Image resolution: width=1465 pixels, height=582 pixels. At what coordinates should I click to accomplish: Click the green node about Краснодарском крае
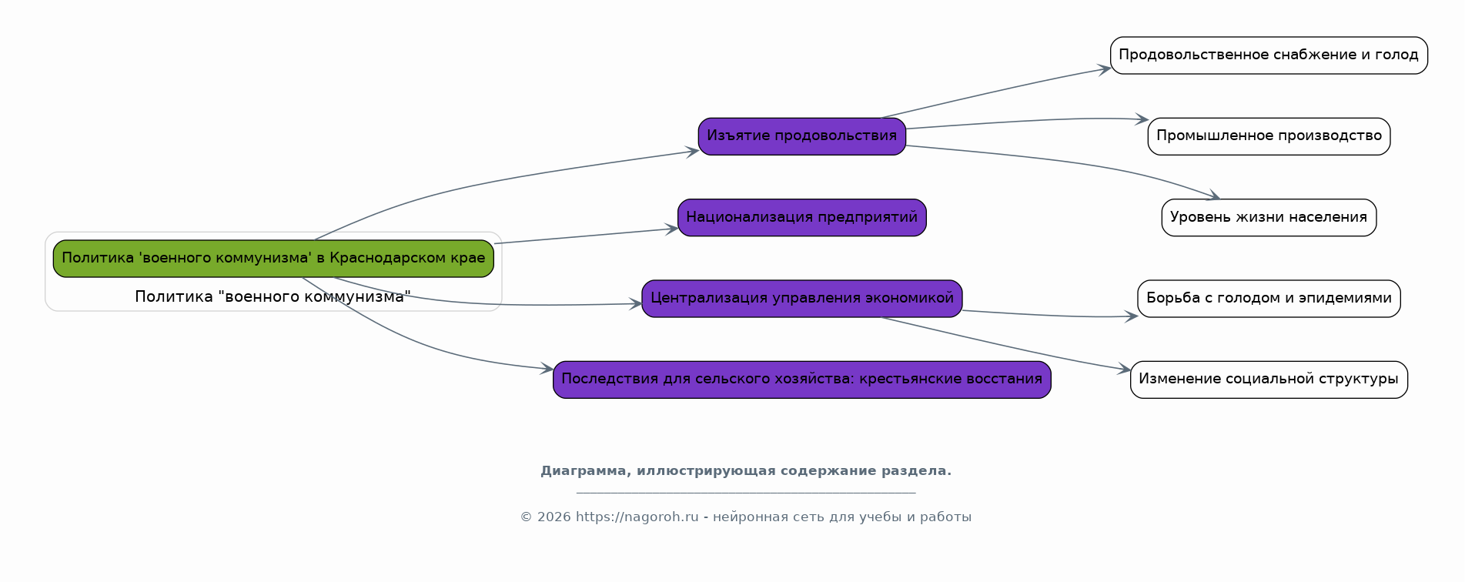pos(273,258)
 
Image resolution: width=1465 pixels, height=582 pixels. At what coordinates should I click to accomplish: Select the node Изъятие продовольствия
pos(801,136)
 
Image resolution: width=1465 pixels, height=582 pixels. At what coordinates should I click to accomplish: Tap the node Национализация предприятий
pos(801,217)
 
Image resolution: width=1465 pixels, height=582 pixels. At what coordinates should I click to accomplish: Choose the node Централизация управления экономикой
pos(801,298)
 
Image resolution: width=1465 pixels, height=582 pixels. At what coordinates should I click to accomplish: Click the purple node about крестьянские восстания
pos(801,379)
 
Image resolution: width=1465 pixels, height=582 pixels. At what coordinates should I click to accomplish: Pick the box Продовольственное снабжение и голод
pos(1268,55)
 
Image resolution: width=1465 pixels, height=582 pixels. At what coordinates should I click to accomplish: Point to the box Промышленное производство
pos(1268,136)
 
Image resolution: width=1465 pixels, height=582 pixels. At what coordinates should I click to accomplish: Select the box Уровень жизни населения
pos(1268,217)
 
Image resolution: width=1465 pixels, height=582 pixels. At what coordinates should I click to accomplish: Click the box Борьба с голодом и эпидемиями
pos(1268,298)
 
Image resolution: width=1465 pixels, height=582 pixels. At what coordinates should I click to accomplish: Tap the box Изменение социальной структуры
pos(1268,379)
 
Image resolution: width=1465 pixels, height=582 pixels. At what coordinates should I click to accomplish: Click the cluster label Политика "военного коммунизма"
pos(273,296)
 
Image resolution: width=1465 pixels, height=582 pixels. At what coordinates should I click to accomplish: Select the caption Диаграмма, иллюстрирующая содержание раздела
pos(745,471)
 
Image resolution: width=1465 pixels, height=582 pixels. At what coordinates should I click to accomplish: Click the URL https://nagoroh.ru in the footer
pos(637,517)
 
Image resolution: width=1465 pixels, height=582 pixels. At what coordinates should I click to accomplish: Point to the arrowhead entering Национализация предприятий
pos(673,229)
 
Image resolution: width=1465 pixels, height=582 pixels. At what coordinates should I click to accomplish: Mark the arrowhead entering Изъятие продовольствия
pos(694,151)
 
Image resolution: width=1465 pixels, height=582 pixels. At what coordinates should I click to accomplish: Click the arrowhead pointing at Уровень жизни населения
pos(1215,197)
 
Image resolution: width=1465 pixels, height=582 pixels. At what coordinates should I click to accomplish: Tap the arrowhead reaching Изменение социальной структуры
pos(1126,370)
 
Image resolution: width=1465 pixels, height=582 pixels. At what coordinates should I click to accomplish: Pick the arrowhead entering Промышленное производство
pos(1143,119)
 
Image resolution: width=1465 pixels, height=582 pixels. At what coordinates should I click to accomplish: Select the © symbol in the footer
pos(526,517)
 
